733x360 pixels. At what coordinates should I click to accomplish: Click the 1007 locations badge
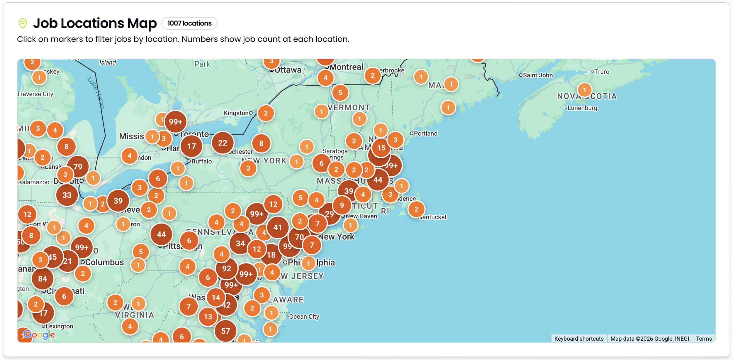click(189, 23)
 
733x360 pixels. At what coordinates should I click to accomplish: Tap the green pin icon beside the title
click(23, 23)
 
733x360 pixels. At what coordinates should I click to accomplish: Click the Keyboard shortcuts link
click(578, 339)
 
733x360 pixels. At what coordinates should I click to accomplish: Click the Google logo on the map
click(39, 334)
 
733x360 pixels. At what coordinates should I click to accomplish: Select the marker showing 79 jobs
click(78, 167)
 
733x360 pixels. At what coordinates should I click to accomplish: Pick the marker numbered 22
click(223, 143)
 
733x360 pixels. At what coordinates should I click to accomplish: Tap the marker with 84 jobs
click(43, 279)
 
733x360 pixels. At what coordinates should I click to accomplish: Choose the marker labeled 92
click(226, 268)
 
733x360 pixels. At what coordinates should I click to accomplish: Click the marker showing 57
click(225, 331)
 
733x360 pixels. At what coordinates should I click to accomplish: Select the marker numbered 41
click(277, 227)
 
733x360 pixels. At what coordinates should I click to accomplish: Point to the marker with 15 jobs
click(381, 148)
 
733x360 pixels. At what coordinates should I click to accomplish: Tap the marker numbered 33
click(67, 195)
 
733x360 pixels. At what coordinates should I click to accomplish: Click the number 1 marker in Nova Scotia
click(584, 90)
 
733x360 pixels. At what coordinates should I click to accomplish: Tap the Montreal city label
click(346, 67)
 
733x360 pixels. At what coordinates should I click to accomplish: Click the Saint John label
click(537, 75)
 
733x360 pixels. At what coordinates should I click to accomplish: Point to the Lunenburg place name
click(582, 108)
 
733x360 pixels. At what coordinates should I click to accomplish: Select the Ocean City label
click(304, 317)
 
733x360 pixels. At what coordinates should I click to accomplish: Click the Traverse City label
click(35, 94)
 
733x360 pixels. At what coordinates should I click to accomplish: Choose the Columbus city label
click(104, 262)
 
